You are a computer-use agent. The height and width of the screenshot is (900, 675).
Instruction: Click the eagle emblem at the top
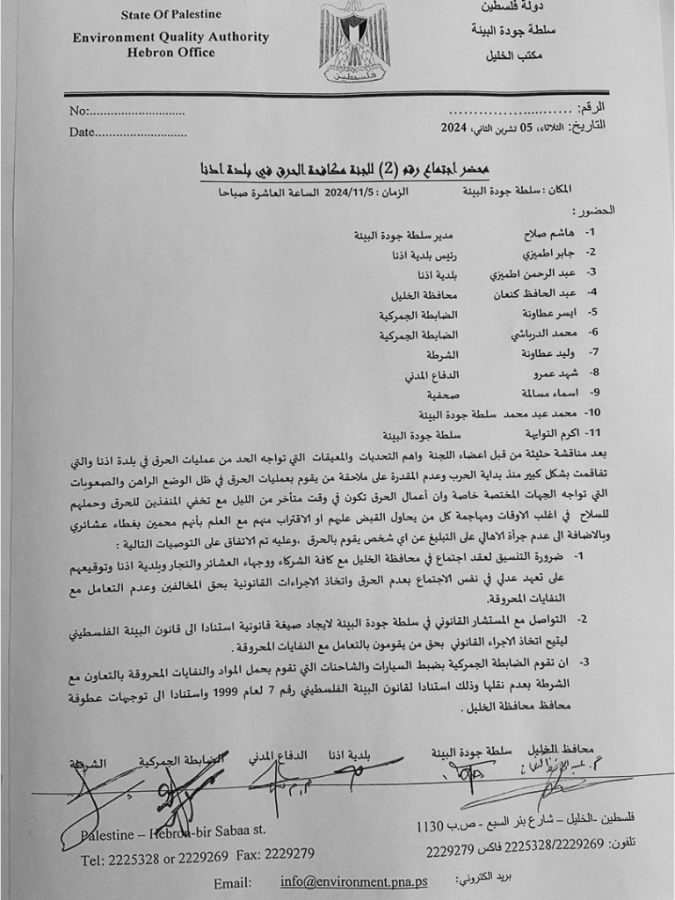coord(354,42)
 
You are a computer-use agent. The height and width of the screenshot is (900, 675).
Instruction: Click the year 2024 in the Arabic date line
coord(454,127)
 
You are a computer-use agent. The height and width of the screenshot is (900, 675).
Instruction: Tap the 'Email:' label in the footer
coord(233,882)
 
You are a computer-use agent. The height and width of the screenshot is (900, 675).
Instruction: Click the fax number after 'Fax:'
coord(289,854)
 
